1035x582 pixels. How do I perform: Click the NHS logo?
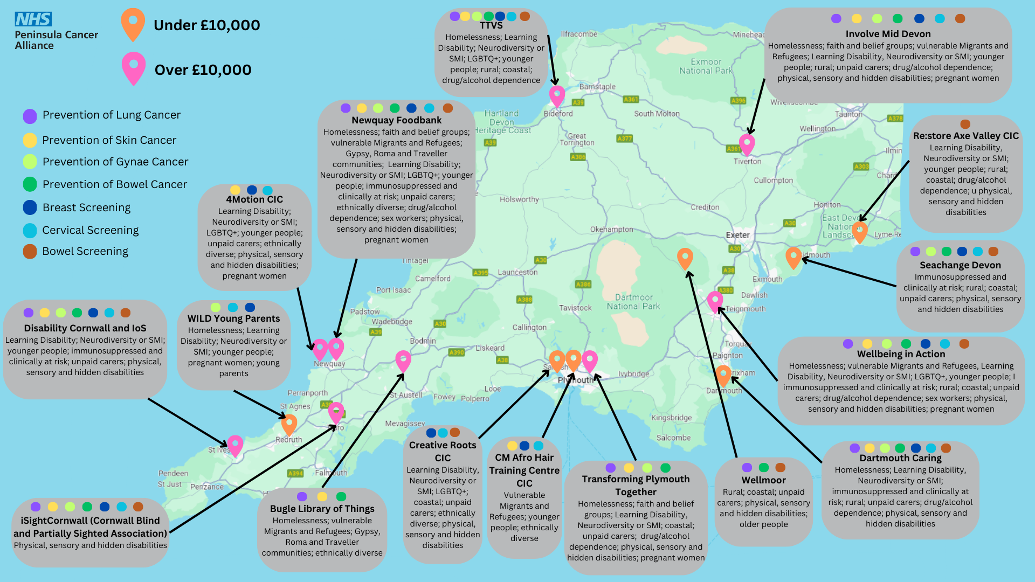(x=33, y=19)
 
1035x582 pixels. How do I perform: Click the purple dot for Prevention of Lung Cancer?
(x=30, y=116)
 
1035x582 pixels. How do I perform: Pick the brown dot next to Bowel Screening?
(x=30, y=252)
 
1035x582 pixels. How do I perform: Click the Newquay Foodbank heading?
(x=396, y=120)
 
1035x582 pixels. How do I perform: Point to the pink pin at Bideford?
(x=557, y=96)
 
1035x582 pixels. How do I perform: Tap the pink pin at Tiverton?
(x=747, y=144)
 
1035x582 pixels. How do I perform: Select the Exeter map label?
(x=737, y=235)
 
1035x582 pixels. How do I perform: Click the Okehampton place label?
(x=611, y=229)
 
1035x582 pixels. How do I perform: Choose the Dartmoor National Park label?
(x=633, y=302)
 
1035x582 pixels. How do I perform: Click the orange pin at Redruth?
(x=289, y=424)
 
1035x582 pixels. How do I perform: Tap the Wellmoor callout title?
(x=763, y=480)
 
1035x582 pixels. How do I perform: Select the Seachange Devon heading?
(x=960, y=265)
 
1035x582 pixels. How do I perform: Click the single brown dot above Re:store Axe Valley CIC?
(x=965, y=124)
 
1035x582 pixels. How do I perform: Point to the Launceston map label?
(x=517, y=272)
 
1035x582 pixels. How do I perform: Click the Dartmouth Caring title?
(x=900, y=458)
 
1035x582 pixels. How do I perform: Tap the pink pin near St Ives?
(x=235, y=445)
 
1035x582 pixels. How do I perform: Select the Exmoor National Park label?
(x=706, y=66)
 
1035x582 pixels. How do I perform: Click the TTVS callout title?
(x=491, y=26)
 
